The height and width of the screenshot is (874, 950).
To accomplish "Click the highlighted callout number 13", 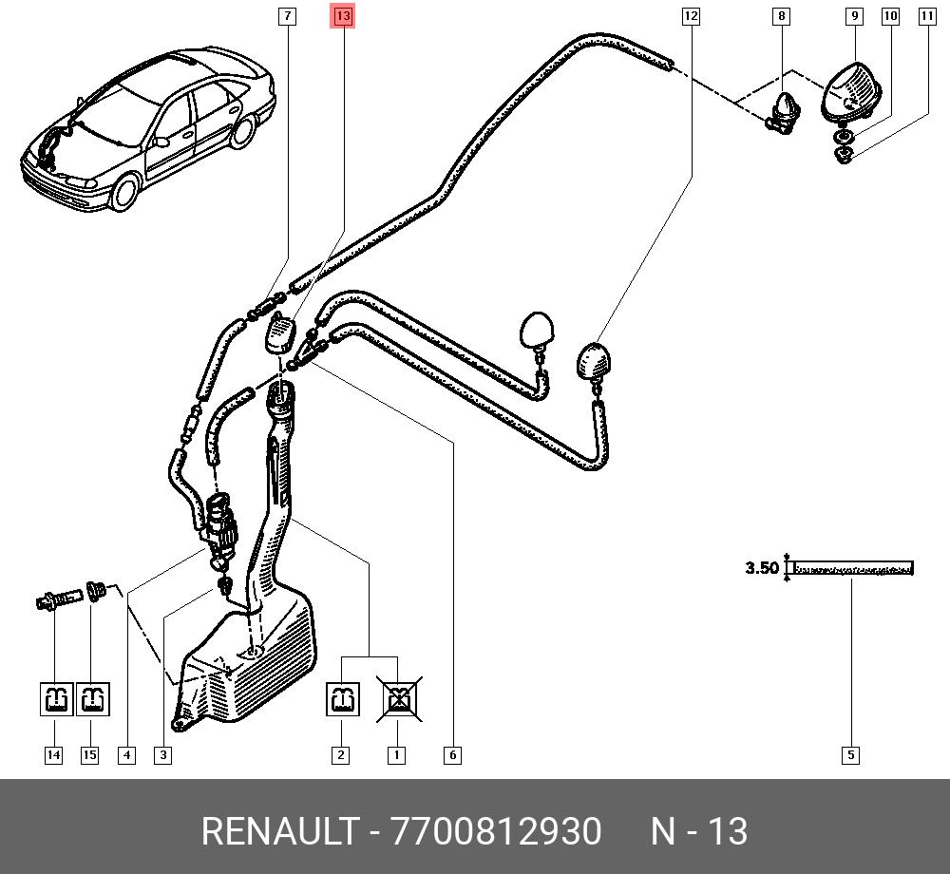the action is click(343, 16).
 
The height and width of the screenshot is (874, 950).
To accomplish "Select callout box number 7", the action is click(287, 16).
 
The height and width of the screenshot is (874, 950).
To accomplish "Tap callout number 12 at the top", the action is click(691, 16).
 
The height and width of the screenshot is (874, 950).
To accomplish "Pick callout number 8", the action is click(782, 16).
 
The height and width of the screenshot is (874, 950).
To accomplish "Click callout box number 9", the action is click(854, 16).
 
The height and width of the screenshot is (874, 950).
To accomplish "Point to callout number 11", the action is click(927, 16).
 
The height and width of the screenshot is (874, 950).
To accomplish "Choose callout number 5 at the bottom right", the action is click(850, 754).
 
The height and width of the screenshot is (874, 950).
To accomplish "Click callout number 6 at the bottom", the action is click(452, 754).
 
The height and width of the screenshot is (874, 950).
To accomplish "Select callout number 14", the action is click(54, 754).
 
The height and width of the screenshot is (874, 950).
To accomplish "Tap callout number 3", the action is click(163, 754).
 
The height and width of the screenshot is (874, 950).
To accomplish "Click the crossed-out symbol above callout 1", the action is click(399, 699).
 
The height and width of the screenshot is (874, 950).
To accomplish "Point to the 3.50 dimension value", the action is click(762, 568).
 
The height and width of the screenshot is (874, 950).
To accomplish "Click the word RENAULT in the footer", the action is click(280, 831).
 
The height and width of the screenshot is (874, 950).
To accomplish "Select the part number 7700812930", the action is click(497, 831).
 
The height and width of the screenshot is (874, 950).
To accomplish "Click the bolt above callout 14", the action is click(59, 599).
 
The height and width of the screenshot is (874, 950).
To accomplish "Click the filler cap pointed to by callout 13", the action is click(280, 335).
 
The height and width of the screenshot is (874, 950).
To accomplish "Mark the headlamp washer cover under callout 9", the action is click(851, 91).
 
